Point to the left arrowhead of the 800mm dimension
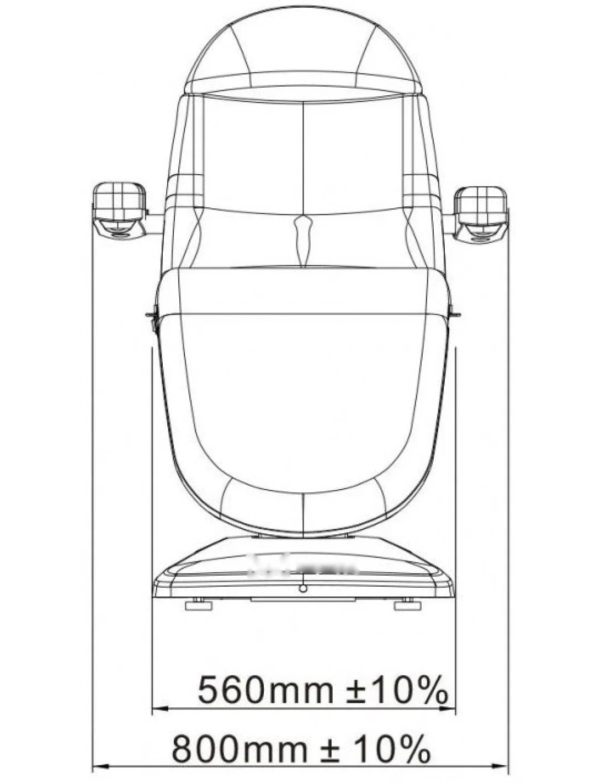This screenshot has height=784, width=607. (x=101, y=772)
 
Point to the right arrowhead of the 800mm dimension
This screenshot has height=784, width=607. (x=500, y=772)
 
